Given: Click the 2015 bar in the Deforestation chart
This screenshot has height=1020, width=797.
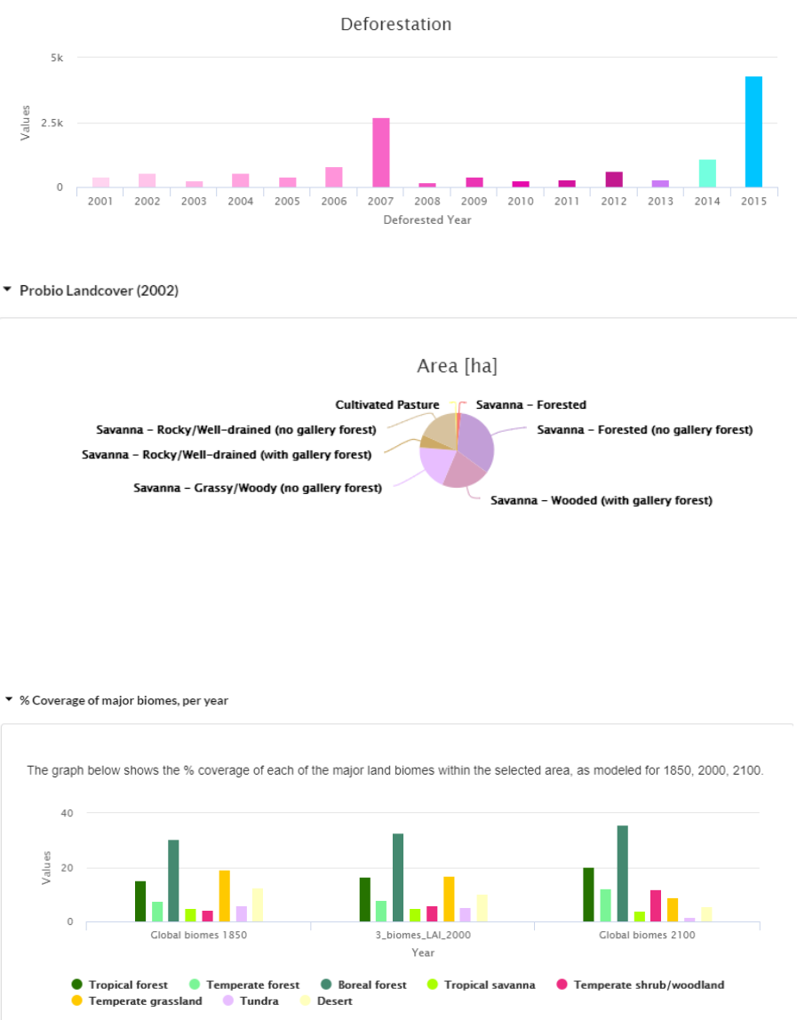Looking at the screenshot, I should click(x=753, y=131).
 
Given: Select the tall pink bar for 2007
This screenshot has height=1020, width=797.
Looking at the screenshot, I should click(x=380, y=152).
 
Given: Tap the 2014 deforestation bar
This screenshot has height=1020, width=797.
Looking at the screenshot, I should click(x=706, y=173).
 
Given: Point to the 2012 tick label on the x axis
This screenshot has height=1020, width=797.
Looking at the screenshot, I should click(x=614, y=202).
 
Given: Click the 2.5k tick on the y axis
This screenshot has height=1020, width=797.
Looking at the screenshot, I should click(x=55, y=123).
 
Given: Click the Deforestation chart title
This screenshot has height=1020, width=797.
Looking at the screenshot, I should click(x=396, y=25).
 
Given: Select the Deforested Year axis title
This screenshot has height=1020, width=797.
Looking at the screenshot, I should click(x=427, y=220).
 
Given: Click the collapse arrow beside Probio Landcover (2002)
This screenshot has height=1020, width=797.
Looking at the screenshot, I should click(x=8, y=290).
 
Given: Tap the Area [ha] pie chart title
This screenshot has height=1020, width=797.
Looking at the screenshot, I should click(x=457, y=366).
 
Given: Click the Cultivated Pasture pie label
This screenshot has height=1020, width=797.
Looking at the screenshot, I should click(x=387, y=405).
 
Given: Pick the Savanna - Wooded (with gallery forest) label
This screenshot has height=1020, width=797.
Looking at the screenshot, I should click(x=602, y=500).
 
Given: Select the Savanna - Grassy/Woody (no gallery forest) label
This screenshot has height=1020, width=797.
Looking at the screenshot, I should click(x=258, y=488).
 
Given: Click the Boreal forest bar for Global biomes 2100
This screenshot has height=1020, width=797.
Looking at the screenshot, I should click(x=623, y=873).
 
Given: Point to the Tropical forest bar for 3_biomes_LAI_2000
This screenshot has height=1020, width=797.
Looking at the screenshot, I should click(x=364, y=899).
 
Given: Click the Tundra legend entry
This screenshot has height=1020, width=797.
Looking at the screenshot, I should click(x=252, y=1001).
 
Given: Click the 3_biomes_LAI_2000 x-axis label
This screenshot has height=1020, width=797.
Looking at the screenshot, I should click(x=422, y=935).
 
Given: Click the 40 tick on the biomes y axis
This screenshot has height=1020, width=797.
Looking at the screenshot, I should click(x=67, y=813).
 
